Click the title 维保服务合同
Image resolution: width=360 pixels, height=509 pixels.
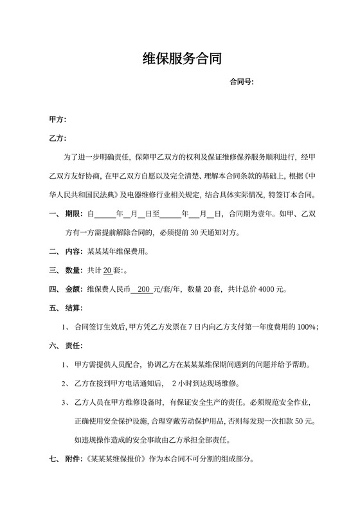[182, 60]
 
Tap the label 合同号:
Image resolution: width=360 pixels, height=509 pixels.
[242, 82]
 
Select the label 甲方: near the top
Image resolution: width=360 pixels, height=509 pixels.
[58, 120]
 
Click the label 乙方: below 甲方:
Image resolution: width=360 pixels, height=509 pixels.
[58, 138]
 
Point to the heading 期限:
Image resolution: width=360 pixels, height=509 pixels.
[75, 213]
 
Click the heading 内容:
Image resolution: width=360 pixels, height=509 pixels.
[75, 251]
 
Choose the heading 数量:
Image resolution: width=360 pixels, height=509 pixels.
[75, 270]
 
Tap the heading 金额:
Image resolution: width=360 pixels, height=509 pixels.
[75, 289]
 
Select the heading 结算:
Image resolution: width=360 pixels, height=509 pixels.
[75, 308]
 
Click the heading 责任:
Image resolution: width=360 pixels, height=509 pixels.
[75, 346]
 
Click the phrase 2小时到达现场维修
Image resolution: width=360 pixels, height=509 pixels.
[204, 384]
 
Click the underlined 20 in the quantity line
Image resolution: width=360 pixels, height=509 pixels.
[107, 270]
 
